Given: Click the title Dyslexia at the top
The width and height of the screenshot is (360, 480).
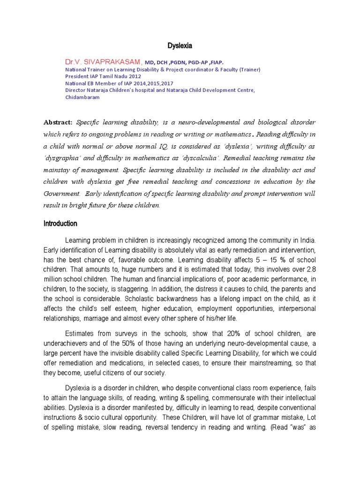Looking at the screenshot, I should (x=180, y=45).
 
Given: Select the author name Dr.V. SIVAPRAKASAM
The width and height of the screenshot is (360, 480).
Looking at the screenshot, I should (x=103, y=62).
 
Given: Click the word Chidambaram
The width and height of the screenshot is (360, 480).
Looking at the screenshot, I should (x=82, y=97).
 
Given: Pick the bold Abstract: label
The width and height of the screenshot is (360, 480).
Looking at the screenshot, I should (x=58, y=122).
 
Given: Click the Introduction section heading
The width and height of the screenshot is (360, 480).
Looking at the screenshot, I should (x=60, y=224).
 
